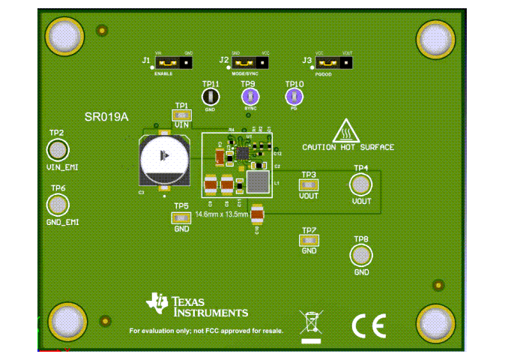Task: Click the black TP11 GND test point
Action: coord(211,96)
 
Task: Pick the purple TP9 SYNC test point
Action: coord(250,96)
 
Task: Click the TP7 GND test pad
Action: coord(309,240)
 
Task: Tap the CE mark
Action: coord(369,325)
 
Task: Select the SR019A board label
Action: coord(107,117)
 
